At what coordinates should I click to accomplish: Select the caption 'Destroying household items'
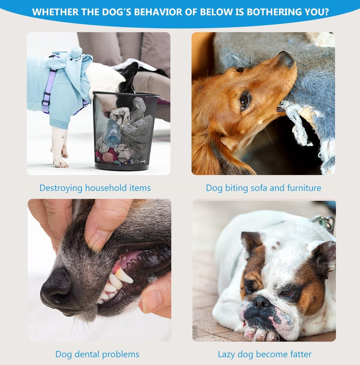click(x=95, y=188)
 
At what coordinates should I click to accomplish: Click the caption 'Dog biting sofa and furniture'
click(x=263, y=188)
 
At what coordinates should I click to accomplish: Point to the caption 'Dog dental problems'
click(x=97, y=354)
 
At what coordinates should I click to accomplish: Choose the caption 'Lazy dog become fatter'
click(x=265, y=354)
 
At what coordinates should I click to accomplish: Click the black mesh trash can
click(x=126, y=131)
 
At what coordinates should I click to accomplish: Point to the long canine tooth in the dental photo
click(x=124, y=277)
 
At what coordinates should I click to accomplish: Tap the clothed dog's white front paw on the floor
click(x=60, y=162)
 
